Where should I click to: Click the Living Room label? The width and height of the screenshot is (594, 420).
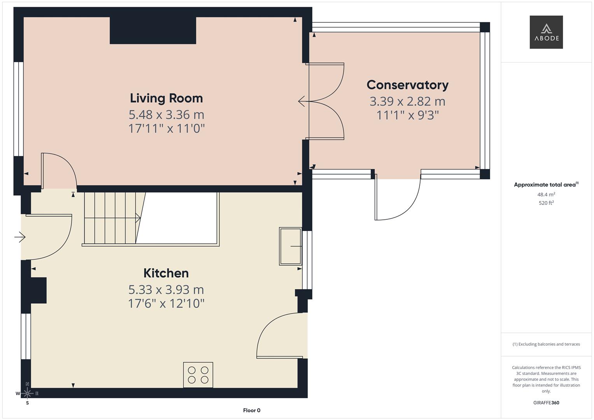[166, 98]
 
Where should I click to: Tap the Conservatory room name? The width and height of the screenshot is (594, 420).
[407, 85]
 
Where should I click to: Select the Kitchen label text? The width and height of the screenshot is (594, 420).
[166, 273]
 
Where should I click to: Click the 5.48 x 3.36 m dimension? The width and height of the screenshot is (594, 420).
[166, 115]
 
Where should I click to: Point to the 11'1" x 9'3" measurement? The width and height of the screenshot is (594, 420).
[407, 115]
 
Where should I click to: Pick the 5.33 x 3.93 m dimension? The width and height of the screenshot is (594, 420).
[166, 290]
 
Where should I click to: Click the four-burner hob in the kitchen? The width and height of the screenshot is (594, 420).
[198, 375]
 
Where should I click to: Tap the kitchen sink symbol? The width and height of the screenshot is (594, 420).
[290, 246]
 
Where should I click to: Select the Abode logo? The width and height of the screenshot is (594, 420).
[546, 32]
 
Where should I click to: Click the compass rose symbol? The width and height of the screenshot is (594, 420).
[27, 393]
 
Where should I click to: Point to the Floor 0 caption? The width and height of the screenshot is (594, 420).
[251, 410]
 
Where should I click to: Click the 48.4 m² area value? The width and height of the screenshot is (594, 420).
[546, 194]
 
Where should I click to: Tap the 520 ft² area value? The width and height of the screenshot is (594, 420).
[546, 203]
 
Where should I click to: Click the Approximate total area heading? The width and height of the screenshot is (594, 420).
[546, 185]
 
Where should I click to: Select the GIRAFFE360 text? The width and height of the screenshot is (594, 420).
[546, 402]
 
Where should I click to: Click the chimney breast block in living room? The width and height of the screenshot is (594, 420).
[152, 30]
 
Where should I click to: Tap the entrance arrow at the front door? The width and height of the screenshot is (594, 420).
[20, 236]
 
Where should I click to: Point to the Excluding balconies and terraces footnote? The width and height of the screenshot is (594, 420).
[546, 344]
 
